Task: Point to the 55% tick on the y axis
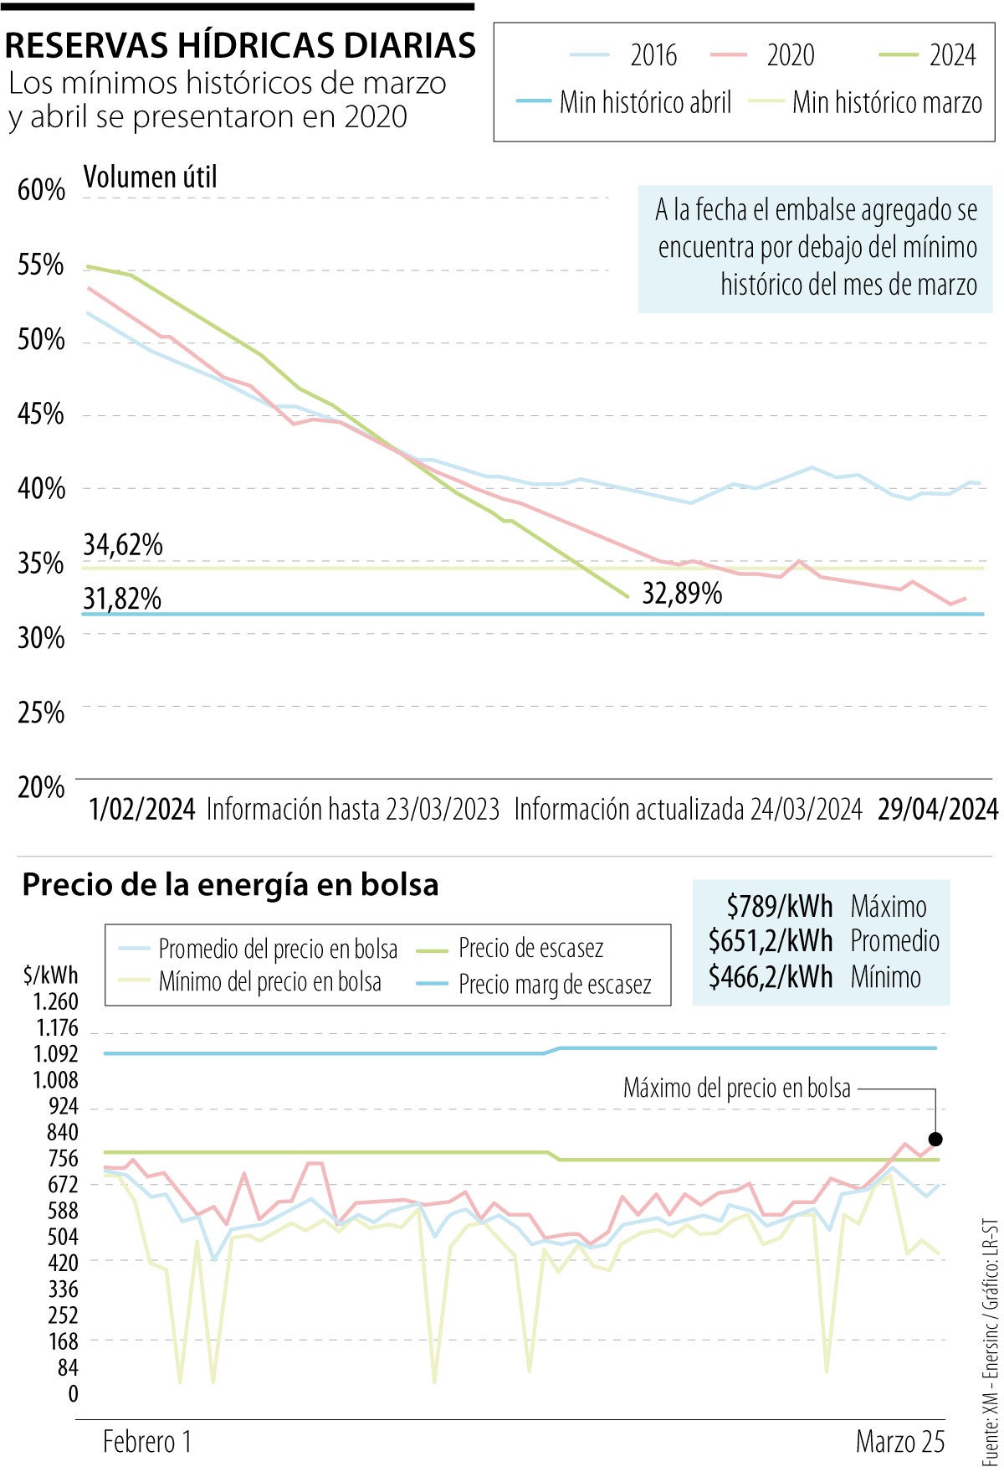pyautogui.click(x=40, y=265)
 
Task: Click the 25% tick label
pyautogui.click(x=40, y=713)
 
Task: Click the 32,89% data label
pyautogui.click(x=682, y=594)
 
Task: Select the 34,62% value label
pyautogui.click(x=123, y=545)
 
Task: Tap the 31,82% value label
pyautogui.click(x=122, y=599)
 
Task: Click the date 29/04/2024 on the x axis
pyautogui.click(x=937, y=810)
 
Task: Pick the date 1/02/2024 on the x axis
pyautogui.click(x=142, y=810)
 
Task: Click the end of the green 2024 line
pyautogui.click(x=627, y=597)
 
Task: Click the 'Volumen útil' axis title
pyautogui.click(x=151, y=177)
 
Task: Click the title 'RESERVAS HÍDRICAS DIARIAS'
pyautogui.click(x=240, y=45)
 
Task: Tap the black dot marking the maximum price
pyautogui.click(x=935, y=1139)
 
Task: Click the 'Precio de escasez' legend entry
pyautogui.click(x=530, y=949)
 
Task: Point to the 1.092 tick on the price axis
pyautogui.click(x=55, y=1053)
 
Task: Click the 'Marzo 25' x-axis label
pyautogui.click(x=899, y=1442)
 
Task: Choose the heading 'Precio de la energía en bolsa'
pyautogui.click(x=230, y=885)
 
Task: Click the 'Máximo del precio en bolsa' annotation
pyautogui.click(x=736, y=1089)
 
